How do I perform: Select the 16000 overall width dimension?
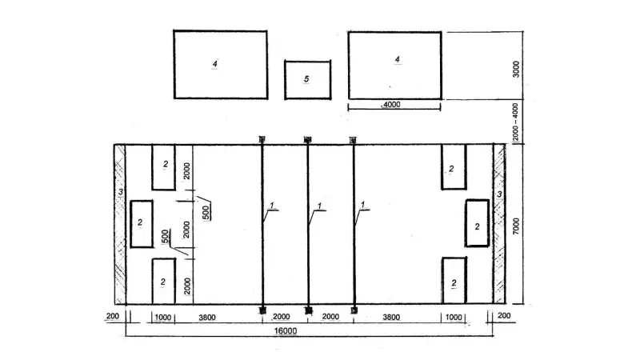tap(286, 330)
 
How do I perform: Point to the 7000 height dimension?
tap(516, 226)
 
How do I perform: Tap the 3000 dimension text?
tap(516, 69)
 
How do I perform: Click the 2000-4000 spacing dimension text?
tap(515, 122)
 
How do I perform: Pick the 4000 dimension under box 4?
tap(391, 105)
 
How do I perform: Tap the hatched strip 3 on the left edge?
tap(120, 224)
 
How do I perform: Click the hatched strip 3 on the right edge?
tap(499, 224)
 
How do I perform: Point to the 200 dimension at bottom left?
tap(113, 316)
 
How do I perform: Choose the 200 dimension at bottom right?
tap(504, 315)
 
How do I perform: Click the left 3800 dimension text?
tap(207, 317)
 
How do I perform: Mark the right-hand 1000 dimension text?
tap(454, 317)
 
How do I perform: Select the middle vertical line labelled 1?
tap(308, 224)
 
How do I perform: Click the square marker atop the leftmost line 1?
tap(262, 139)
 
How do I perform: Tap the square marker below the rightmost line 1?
tap(354, 310)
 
